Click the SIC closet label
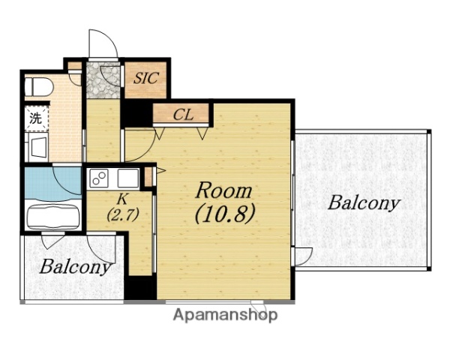click(146, 78)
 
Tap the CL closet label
click(184, 115)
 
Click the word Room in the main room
click(223, 190)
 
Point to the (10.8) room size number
click(225, 214)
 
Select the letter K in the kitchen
click(122, 199)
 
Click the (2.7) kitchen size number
click(123, 214)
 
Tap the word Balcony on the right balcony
click(364, 203)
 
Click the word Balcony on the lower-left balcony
click(75, 267)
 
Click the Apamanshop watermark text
click(225, 315)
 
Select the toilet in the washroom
click(39, 86)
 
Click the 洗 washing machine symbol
click(36, 118)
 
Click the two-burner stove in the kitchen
click(99, 178)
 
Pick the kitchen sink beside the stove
click(128, 178)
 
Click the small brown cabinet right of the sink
click(148, 177)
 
